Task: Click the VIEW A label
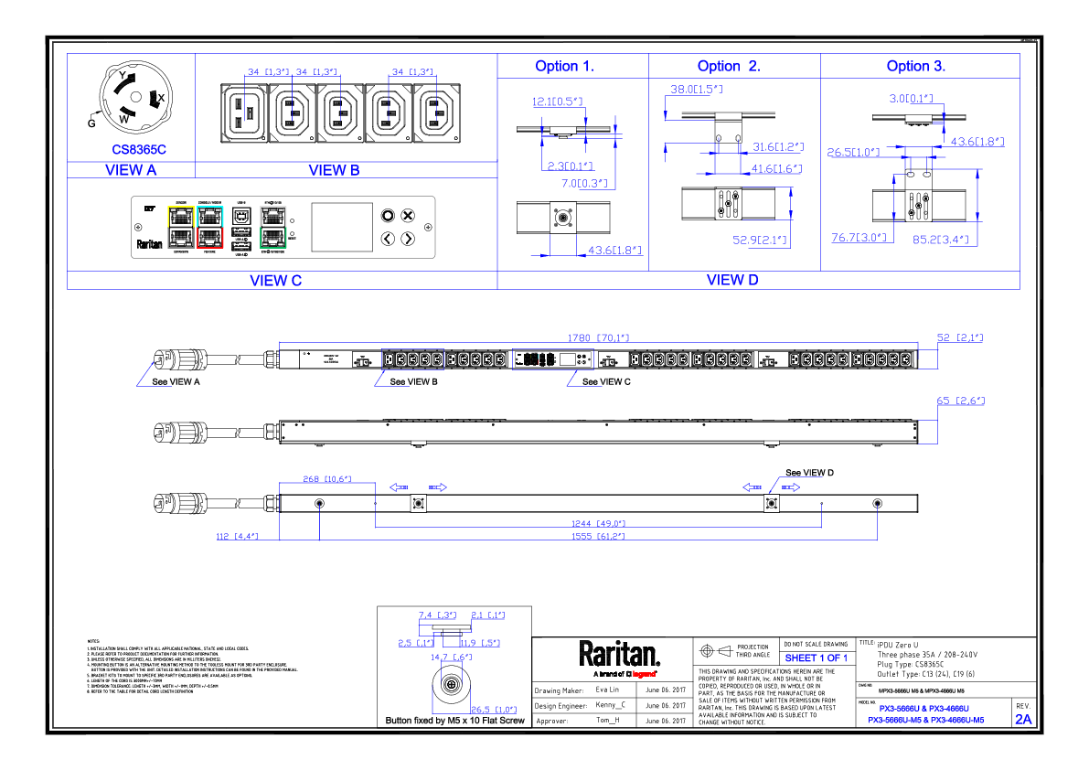click(x=131, y=169)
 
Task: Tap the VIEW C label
click(x=275, y=281)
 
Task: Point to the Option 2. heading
click(x=729, y=66)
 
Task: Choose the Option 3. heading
click(x=916, y=66)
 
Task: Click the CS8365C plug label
click(x=139, y=149)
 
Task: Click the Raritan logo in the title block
click(x=619, y=654)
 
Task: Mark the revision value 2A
click(x=1022, y=719)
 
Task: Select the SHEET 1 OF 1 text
click(x=817, y=658)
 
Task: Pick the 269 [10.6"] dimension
click(x=326, y=478)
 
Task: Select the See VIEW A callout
click(x=176, y=381)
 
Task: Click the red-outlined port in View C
click(x=210, y=238)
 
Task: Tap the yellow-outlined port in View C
click(x=181, y=217)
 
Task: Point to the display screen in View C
click(x=342, y=227)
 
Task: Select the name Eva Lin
click(x=607, y=690)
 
